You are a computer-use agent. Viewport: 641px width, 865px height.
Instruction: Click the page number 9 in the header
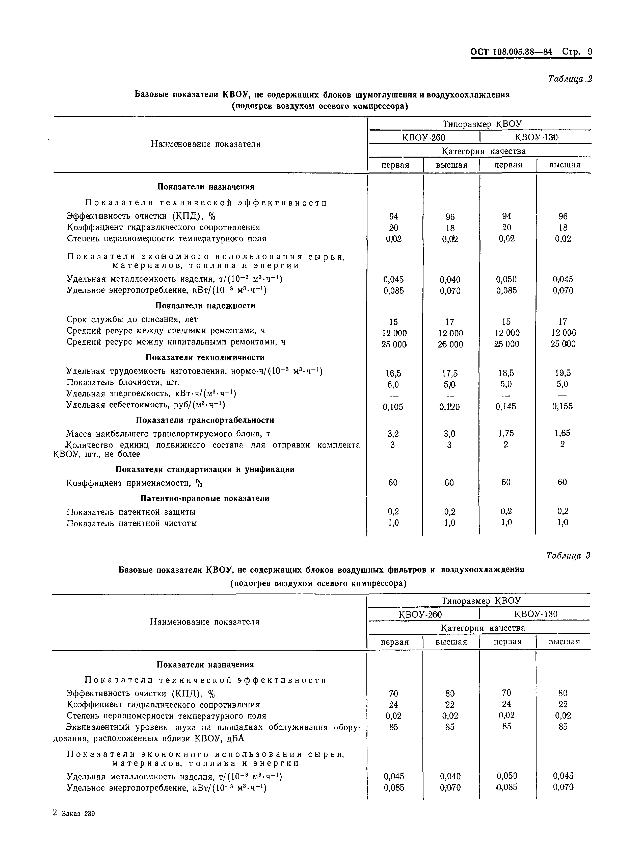(590, 52)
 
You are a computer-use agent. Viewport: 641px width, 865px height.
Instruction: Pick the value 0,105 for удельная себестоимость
(393, 407)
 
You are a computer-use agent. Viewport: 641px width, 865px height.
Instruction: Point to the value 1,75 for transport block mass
(506, 433)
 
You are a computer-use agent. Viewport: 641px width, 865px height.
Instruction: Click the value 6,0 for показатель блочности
(393, 384)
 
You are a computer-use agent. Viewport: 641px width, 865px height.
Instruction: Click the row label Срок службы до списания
(132, 319)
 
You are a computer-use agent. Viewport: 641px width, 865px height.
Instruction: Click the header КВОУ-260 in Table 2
(423, 137)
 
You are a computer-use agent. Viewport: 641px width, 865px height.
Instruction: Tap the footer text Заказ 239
(78, 814)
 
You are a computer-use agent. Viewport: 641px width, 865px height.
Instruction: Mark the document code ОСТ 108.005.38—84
(511, 52)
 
